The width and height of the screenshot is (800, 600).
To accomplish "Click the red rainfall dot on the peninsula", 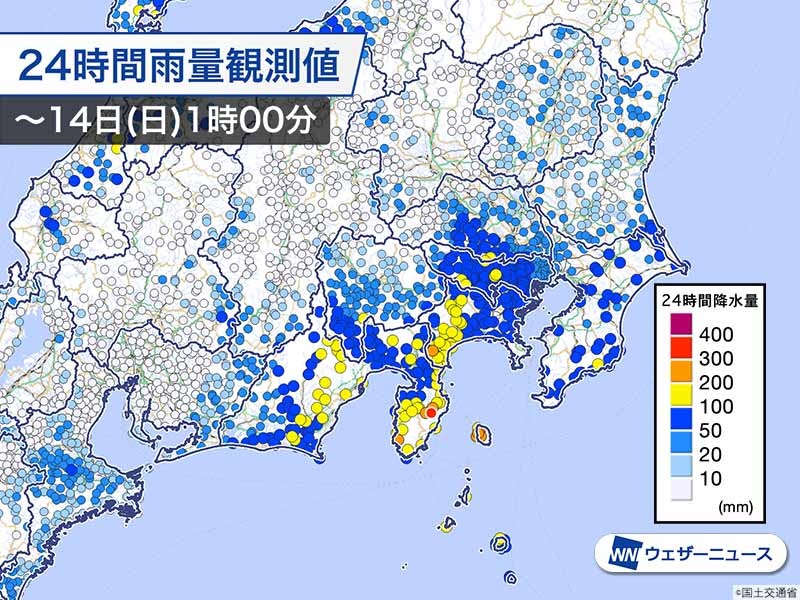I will (x=431, y=412).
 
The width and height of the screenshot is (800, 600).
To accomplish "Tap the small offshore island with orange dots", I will (x=481, y=433).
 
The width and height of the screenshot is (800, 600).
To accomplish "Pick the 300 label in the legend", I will (x=718, y=358).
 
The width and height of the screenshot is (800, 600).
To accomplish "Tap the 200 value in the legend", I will (x=718, y=382).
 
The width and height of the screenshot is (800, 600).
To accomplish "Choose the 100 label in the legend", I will (x=718, y=406).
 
